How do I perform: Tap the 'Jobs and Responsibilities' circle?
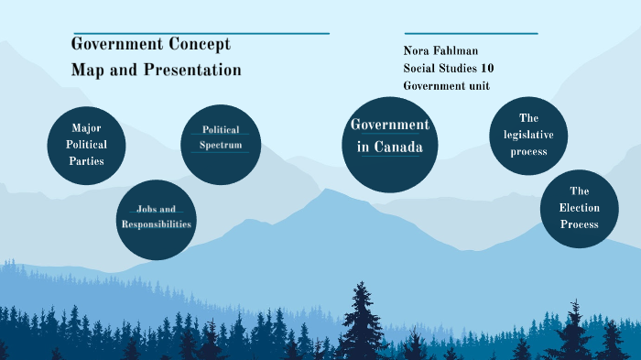coord(157,219)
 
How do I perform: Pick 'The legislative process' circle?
coord(528,136)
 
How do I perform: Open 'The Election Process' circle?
coord(579,208)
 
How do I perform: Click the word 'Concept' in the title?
coord(199,45)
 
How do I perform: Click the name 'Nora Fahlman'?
coord(441,51)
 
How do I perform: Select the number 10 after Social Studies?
coord(487,69)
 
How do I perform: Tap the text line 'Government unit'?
coord(446,86)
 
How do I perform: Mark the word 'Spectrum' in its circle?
coord(221,145)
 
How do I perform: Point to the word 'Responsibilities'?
coord(157,224)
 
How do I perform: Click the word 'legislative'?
coord(528,135)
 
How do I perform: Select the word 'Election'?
coord(579,208)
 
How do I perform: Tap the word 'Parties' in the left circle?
coord(86,161)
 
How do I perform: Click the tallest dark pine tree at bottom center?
coord(363,321)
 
